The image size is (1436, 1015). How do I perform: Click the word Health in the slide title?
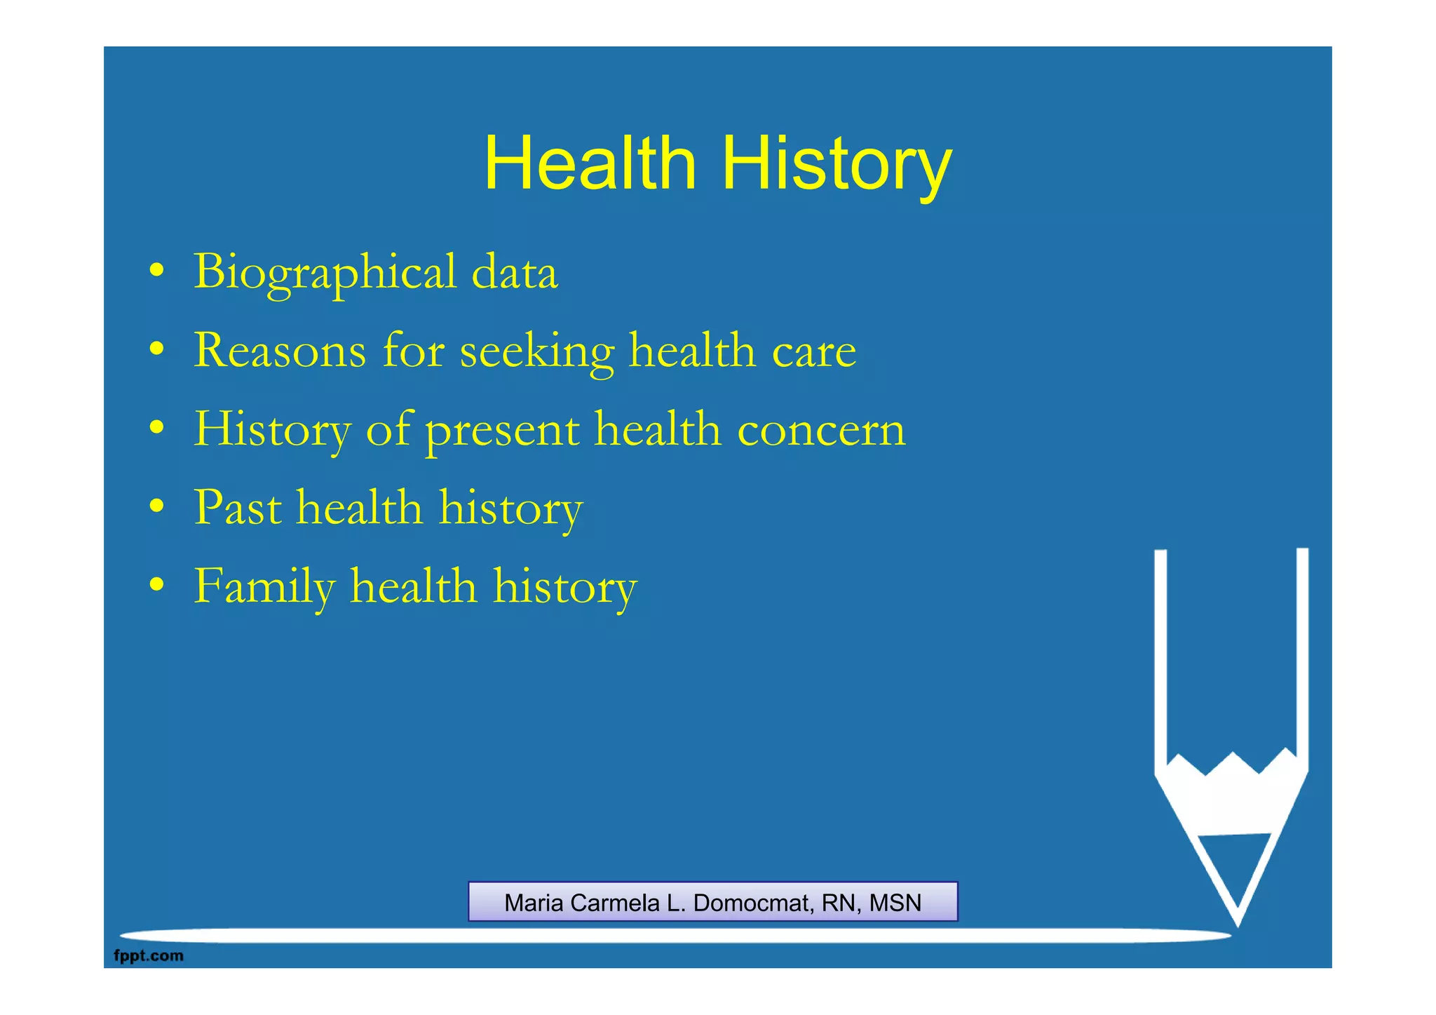[x=590, y=163]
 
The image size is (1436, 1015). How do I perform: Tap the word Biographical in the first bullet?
[x=325, y=272]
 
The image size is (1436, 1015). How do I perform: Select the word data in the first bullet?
[x=515, y=272]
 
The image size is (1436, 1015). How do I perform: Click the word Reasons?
[x=280, y=350]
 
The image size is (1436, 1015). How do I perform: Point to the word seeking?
[x=536, y=351]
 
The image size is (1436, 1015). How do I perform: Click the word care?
[x=813, y=351]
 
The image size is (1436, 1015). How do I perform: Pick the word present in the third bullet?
[x=502, y=430]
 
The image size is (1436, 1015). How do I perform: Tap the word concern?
[x=821, y=429]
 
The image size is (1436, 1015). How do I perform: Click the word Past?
[x=238, y=507]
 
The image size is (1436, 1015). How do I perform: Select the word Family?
[x=264, y=586]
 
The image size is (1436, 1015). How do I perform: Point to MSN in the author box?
[x=895, y=903]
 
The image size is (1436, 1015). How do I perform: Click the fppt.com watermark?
[x=149, y=955]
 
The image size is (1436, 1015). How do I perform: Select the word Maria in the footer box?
[x=534, y=903]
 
